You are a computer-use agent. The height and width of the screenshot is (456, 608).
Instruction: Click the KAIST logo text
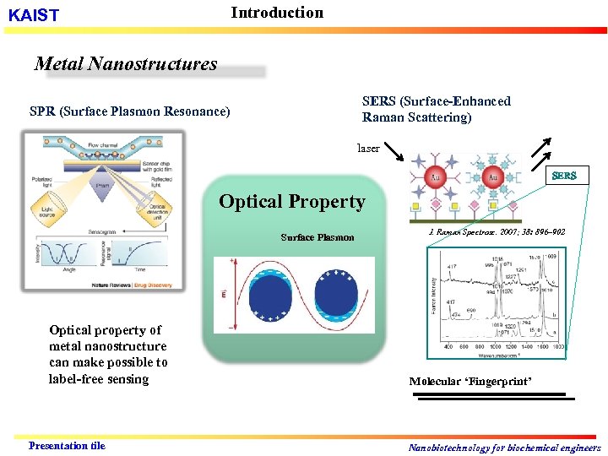(34, 16)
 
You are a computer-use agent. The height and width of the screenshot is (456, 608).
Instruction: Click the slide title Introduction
(277, 13)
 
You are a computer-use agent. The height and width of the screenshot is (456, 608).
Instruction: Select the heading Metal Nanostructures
(126, 64)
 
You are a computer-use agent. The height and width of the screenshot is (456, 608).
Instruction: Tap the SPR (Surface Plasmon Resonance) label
(129, 111)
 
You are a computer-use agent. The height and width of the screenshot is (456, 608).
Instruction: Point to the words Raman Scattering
(416, 117)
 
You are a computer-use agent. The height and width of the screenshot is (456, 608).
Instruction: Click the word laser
(368, 148)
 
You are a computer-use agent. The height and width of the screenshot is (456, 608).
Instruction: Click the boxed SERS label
(564, 176)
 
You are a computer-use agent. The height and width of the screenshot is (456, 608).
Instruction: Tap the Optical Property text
(292, 202)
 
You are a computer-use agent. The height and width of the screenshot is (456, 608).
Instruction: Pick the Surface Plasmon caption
(318, 237)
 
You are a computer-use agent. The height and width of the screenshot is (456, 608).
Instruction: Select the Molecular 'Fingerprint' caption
(470, 382)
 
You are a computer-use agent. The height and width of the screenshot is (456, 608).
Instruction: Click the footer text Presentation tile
(67, 446)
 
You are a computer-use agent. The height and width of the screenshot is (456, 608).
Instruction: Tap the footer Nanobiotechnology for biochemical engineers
(504, 448)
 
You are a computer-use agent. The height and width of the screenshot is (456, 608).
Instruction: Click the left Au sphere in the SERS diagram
(436, 178)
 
